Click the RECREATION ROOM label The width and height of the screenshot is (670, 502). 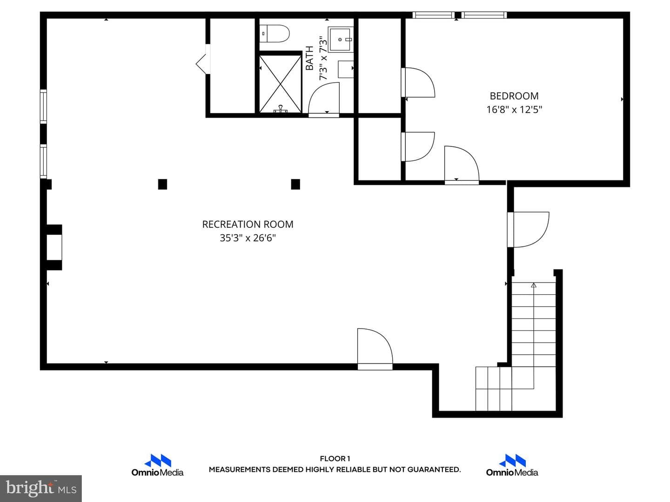[x=248, y=225]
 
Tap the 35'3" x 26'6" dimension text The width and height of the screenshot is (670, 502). [x=248, y=238]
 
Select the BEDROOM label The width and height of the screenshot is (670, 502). [x=514, y=96]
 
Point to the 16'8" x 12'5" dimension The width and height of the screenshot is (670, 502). [x=514, y=109]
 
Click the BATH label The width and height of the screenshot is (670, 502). [x=309, y=58]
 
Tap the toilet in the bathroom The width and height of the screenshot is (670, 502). [x=274, y=33]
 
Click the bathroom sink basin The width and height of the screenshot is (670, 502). [x=341, y=40]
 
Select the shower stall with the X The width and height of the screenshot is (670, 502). [x=280, y=84]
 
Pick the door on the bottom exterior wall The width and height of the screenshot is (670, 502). [x=375, y=349]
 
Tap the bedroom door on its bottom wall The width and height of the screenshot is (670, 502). [x=462, y=165]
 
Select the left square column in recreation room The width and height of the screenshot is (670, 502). [x=162, y=184]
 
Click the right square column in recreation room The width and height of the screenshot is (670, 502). [x=295, y=184]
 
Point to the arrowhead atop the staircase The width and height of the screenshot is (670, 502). [x=534, y=285]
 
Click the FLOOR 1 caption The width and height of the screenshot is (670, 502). [x=335, y=458]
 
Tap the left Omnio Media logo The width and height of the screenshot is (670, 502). [x=158, y=465]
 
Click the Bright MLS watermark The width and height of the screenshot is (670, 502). [x=41, y=488]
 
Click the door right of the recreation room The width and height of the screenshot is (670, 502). [x=528, y=230]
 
